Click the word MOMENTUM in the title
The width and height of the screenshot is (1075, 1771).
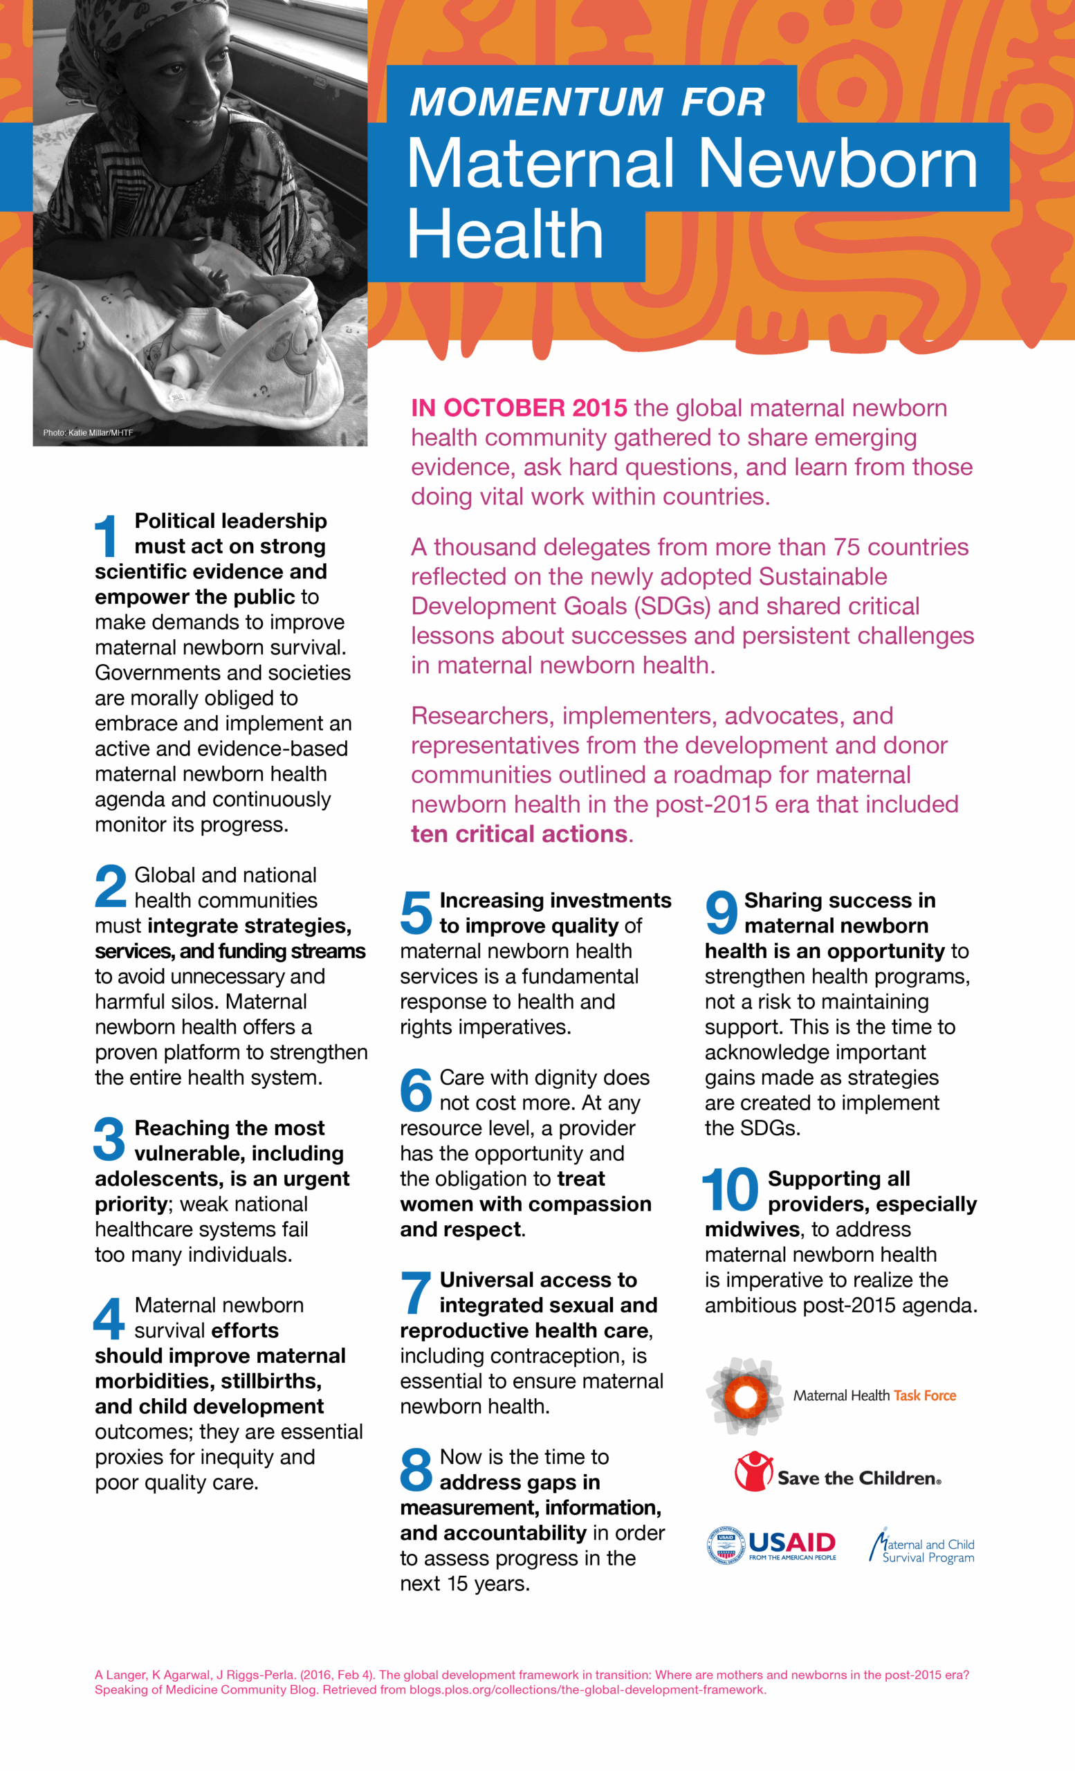(536, 101)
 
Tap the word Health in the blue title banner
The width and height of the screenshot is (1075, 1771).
(504, 235)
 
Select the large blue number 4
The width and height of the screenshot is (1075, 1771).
(109, 1318)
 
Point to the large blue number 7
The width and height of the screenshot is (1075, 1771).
(415, 1293)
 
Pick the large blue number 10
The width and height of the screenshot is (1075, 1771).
(730, 1191)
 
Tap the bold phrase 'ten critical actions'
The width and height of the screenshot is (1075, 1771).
(519, 834)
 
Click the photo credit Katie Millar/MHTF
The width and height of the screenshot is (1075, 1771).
(88, 432)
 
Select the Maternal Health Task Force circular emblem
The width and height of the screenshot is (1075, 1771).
(745, 1395)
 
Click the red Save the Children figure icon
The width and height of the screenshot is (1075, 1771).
(753, 1471)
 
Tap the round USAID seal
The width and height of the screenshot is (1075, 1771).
(726, 1545)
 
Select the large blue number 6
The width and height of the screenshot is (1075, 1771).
(416, 1090)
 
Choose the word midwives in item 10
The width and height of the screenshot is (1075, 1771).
(752, 1229)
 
